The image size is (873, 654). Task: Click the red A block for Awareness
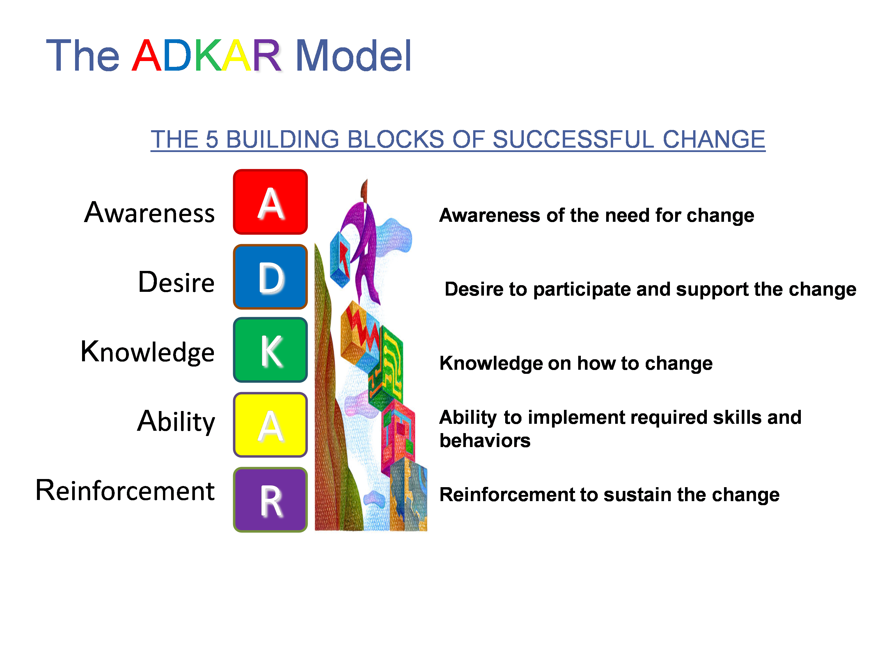270,202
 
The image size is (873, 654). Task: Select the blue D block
270,277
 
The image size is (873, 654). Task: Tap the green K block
270,350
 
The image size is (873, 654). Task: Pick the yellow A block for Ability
270,425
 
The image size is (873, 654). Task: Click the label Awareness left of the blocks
150,213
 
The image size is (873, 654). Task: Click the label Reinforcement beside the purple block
125,491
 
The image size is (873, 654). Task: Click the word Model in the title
354,56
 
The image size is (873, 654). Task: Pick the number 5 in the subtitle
212,140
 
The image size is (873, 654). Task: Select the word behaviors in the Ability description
485,440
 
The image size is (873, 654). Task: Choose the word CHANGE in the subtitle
714,140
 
